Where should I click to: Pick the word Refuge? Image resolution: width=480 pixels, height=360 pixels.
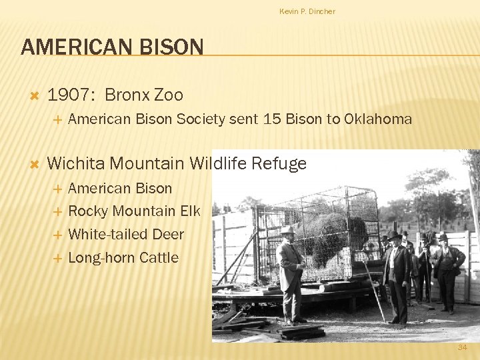point(279,163)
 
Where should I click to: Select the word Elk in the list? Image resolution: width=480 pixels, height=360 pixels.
point(190,211)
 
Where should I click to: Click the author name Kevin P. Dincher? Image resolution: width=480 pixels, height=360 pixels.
point(307,11)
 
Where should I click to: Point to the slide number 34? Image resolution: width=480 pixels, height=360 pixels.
point(462,347)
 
